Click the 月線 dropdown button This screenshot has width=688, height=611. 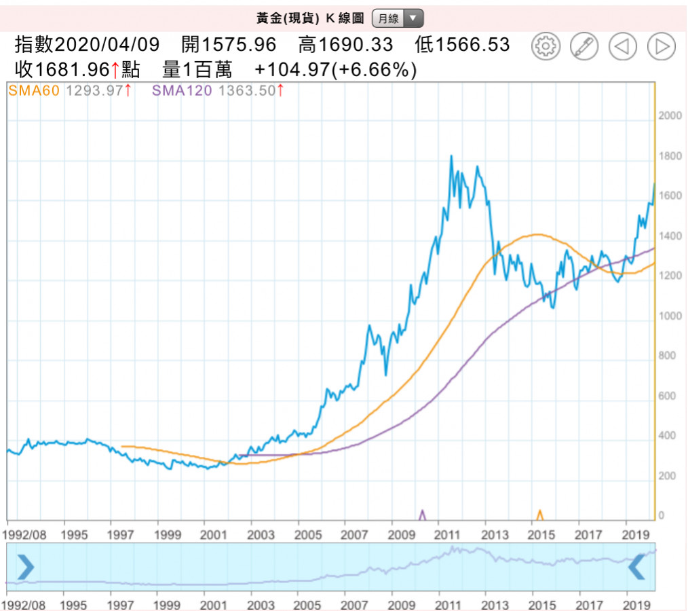398,18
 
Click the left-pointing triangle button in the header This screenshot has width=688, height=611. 622,46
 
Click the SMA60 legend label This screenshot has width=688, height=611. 33,90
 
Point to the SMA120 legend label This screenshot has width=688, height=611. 182,90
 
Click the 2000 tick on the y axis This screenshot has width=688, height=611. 670,116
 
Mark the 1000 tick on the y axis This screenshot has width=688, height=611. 670,316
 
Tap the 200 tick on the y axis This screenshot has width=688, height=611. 668,477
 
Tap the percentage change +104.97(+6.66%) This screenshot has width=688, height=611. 335,69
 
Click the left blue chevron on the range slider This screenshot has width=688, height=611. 25,567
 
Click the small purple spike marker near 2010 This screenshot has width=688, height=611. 423,515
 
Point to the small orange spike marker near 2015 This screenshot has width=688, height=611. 540,515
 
